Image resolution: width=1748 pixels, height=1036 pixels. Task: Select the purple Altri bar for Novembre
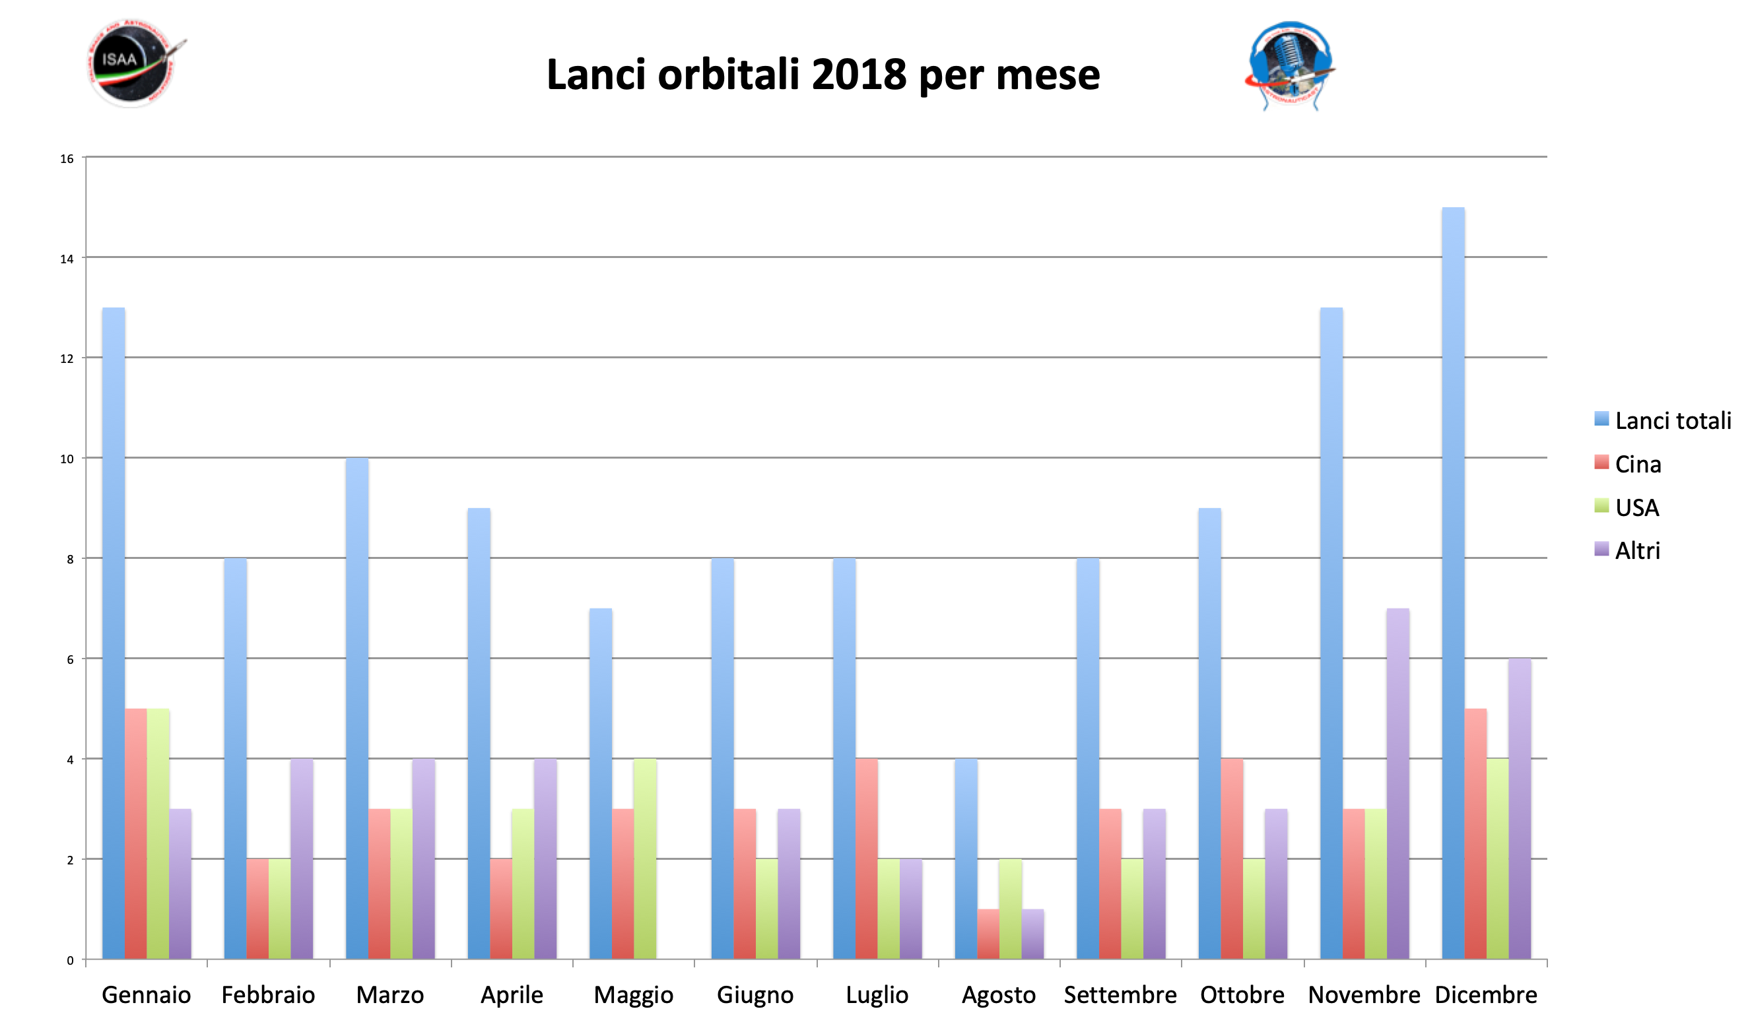[1397, 783]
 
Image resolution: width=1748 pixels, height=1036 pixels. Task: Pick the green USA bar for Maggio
[644, 858]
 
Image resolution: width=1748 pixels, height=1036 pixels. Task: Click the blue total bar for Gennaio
[114, 633]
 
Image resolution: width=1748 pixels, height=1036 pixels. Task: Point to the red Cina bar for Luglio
[867, 858]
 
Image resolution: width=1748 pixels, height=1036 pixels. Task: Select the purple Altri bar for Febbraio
[302, 858]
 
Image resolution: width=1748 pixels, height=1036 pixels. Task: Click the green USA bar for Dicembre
[1497, 858]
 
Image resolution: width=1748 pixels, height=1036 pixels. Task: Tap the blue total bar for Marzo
[357, 708]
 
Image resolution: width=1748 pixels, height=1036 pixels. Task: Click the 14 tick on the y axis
[67, 259]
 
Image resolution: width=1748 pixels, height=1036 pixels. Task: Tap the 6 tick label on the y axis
[70, 660]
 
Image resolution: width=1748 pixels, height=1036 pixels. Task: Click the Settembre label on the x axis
[1120, 995]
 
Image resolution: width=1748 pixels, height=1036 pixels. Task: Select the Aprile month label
[511, 995]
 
